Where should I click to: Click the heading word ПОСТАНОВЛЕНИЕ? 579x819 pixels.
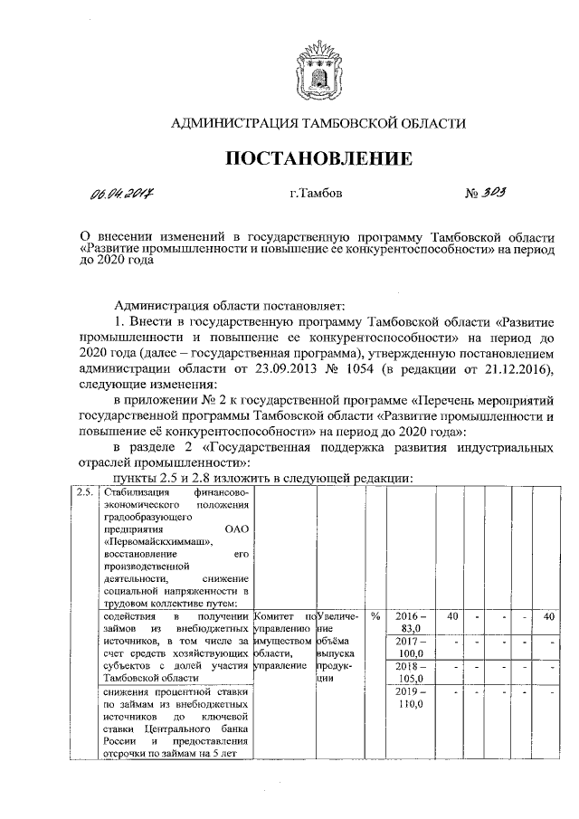(318, 159)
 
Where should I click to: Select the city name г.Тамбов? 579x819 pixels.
(317, 194)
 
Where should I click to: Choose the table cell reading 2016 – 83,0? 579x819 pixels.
(412, 623)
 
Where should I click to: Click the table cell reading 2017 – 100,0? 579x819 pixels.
(412, 647)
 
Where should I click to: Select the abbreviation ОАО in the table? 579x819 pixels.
(234, 529)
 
